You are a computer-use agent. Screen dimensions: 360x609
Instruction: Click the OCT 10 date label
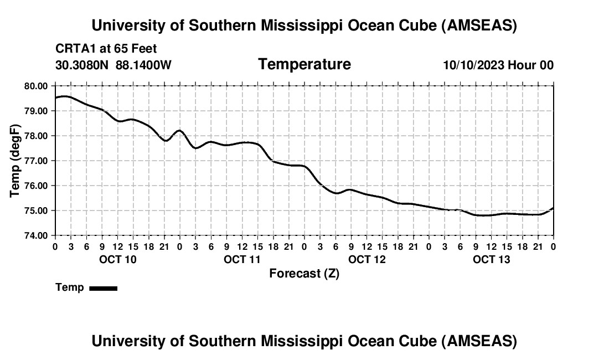(117, 259)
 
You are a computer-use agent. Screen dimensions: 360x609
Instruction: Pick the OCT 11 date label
(242, 259)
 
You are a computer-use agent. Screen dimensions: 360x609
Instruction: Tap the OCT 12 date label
(367, 259)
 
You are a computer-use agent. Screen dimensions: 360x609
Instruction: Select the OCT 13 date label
(491, 259)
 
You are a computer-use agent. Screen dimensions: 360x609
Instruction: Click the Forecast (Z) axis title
(304, 274)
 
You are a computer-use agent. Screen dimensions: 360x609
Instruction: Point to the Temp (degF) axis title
(16, 161)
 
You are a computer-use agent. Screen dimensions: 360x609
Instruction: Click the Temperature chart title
(304, 64)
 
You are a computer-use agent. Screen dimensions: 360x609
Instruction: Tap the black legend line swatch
(103, 288)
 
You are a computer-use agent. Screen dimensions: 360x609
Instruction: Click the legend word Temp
(70, 288)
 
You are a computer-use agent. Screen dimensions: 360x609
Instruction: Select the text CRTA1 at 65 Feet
(106, 49)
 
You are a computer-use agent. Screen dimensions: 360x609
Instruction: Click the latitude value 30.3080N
(82, 65)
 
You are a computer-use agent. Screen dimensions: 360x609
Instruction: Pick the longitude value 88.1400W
(143, 65)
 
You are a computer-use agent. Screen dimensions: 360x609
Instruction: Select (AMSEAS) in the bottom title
(479, 341)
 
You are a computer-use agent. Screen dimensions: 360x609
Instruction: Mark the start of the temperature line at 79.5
(55, 98)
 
